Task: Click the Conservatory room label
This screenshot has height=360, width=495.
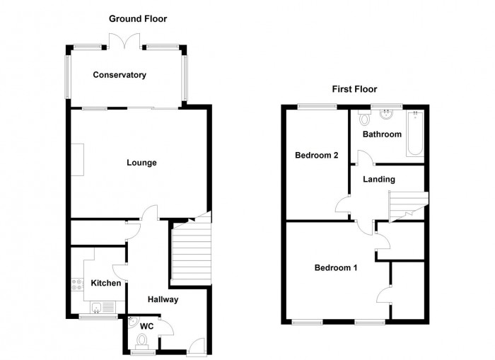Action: click(119, 75)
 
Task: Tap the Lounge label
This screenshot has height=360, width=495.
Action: click(141, 163)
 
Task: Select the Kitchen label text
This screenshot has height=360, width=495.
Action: click(106, 284)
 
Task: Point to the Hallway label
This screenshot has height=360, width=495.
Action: click(163, 300)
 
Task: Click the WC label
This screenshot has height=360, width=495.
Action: click(147, 326)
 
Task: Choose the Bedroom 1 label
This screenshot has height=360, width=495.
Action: click(336, 268)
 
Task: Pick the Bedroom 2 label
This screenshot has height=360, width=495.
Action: click(316, 156)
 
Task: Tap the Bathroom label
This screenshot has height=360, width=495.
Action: click(382, 134)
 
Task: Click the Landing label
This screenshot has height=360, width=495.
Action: click(379, 180)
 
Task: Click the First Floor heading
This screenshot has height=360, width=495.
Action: click(354, 89)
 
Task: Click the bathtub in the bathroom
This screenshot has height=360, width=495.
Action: click(414, 134)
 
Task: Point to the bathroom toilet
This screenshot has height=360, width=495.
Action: click(364, 117)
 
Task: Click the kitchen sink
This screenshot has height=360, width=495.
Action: click(98, 306)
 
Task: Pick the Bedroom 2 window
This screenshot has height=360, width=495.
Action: click(316, 107)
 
